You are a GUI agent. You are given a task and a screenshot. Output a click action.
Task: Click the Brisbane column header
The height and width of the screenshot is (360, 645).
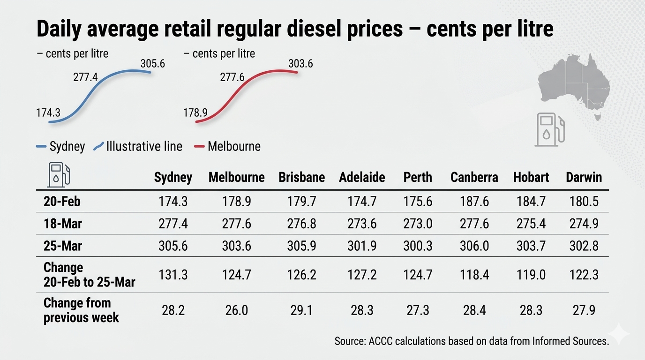[x=301, y=177]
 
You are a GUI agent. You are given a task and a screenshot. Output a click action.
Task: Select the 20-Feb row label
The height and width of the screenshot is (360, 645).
[x=62, y=202]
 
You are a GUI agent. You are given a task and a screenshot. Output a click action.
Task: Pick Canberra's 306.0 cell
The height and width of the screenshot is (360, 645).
[x=474, y=246]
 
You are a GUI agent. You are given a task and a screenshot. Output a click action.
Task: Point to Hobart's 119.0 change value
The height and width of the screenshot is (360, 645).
[x=531, y=275]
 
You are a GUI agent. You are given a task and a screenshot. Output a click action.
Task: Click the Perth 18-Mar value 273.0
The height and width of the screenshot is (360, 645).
[x=418, y=224]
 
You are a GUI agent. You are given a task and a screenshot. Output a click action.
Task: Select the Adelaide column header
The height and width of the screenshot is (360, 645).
[x=362, y=177]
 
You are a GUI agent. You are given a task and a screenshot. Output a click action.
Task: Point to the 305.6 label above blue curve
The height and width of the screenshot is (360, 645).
[x=152, y=63]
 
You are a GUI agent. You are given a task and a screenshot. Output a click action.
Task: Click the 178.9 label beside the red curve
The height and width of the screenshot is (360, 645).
[x=195, y=112]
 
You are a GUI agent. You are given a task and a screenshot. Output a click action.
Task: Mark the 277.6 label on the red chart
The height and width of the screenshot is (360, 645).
[x=232, y=77]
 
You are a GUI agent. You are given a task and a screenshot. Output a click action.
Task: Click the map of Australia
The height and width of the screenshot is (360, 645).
[x=574, y=84]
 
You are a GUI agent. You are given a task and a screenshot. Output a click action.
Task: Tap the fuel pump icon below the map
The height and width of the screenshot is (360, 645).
[x=550, y=129]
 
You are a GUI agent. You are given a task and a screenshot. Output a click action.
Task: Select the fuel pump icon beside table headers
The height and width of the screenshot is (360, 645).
[x=59, y=174]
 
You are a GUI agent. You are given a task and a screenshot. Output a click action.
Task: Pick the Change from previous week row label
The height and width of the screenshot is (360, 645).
[x=81, y=310]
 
